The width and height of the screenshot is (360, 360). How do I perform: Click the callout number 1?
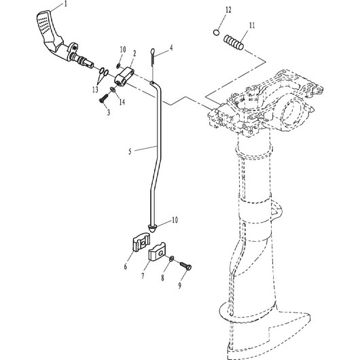point(66,4)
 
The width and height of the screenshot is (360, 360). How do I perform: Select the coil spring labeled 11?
point(234,42)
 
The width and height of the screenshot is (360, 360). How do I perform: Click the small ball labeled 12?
point(216,33)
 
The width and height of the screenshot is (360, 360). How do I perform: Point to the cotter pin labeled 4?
point(153,57)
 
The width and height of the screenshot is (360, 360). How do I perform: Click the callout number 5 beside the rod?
point(130,151)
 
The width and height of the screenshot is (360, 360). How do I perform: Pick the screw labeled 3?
point(103,100)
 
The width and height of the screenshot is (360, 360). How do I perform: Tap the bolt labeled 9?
point(185,266)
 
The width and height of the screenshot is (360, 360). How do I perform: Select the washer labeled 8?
point(171,259)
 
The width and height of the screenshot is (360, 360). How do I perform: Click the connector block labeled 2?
point(124,77)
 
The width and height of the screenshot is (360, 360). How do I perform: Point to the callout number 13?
point(95,90)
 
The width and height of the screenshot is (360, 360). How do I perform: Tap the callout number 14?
point(122,102)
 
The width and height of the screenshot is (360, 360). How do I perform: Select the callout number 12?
point(228,10)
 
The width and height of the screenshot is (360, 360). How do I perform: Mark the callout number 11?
point(252,25)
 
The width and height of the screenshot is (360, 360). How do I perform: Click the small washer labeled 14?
point(113,89)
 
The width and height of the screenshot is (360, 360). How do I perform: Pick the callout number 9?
point(179,285)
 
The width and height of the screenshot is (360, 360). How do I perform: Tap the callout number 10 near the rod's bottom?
point(175,220)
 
